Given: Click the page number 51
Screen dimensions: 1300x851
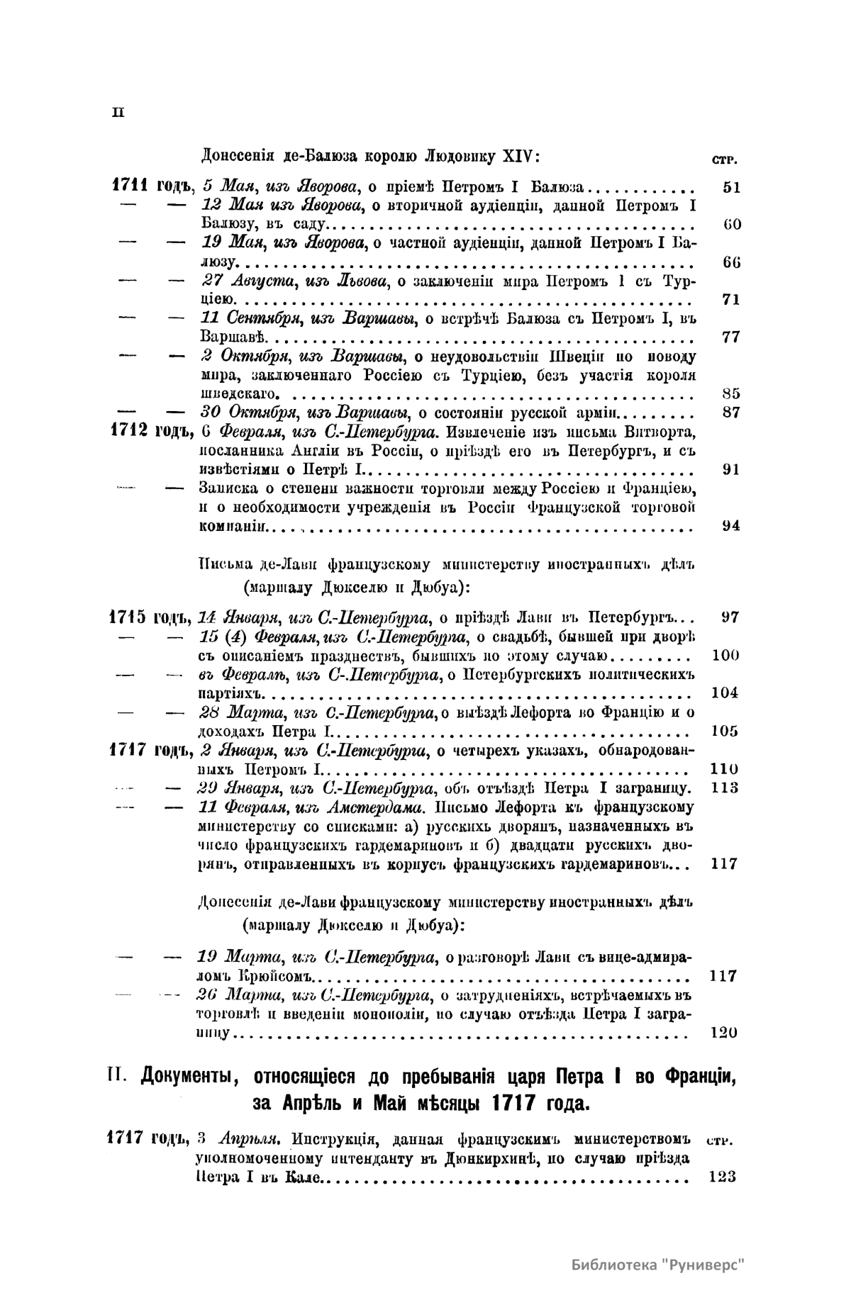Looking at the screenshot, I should (x=731, y=188).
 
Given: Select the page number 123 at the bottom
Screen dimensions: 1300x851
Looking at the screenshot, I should (x=722, y=1177).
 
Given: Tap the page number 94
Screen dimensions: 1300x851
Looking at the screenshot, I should (x=731, y=525).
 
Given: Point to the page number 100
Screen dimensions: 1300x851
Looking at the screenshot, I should (x=725, y=655).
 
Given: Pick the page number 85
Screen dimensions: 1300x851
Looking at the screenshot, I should (x=731, y=393).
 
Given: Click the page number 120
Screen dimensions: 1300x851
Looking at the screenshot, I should (x=723, y=1032).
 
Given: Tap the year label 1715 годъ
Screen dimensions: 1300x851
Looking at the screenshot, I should (x=148, y=616).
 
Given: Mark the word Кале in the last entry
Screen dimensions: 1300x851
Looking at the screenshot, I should (x=305, y=1177).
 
